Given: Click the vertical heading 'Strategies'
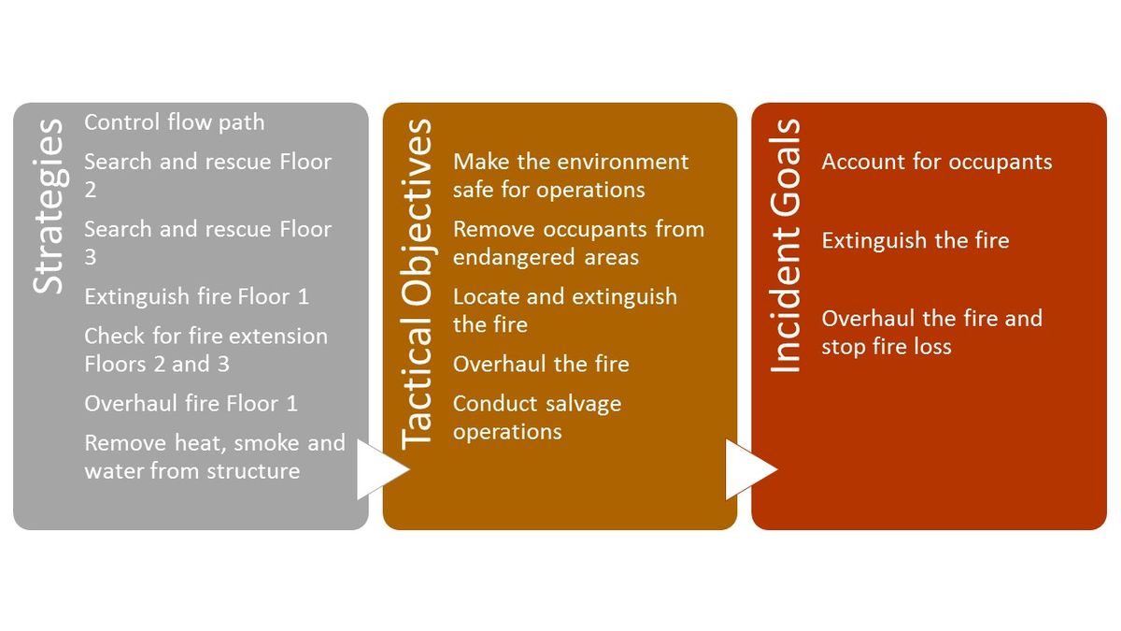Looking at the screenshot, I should pos(49,206).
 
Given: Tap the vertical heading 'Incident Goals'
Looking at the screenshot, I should pos(787,246).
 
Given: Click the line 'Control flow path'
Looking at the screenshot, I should pos(174,122).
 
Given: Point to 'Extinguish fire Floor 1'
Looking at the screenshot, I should pos(196,297).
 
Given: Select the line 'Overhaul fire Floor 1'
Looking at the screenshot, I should pos(191,404).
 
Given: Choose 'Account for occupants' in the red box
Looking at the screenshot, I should pos(936,162).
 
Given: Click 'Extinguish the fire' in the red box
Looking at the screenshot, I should pos(915,241).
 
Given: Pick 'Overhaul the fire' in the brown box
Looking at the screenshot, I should pos(541,365).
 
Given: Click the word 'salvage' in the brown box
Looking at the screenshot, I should pos(581,405).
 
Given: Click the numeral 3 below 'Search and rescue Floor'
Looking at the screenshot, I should pos(91,257).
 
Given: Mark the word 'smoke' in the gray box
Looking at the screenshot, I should pos(267,443).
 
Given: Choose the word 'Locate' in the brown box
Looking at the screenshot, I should pos(486,297).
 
